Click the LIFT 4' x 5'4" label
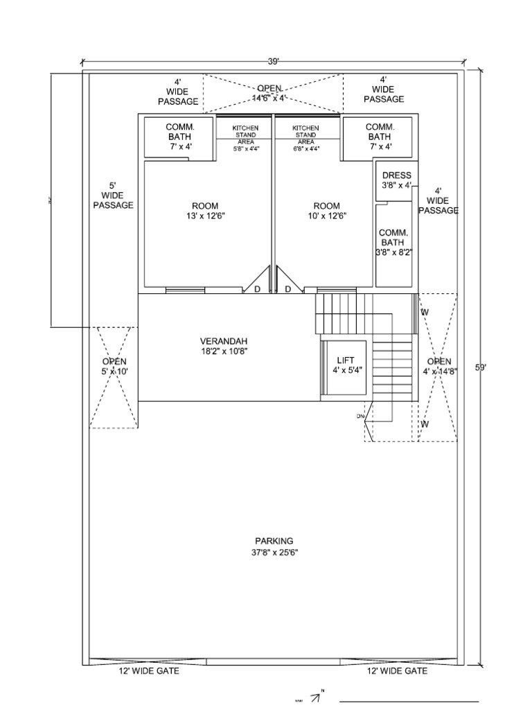click(x=345, y=365)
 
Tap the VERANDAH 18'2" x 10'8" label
click(x=224, y=346)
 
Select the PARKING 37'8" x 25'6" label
click(x=274, y=546)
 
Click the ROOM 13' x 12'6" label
click(x=205, y=211)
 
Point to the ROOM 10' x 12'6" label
click(x=326, y=211)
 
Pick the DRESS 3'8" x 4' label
click(x=396, y=180)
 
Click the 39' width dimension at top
click(x=274, y=62)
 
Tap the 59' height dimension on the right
click(x=480, y=368)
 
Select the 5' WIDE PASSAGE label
click(x=113, y=196)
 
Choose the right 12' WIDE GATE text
click(x=397, y=671)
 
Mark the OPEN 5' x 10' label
click(x=114, y=366)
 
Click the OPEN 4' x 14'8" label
click(x=438, y=366)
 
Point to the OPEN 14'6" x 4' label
click(x=271, y=94)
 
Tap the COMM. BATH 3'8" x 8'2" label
click(x=392, y=243)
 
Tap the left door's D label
click(x=256, y=290)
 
